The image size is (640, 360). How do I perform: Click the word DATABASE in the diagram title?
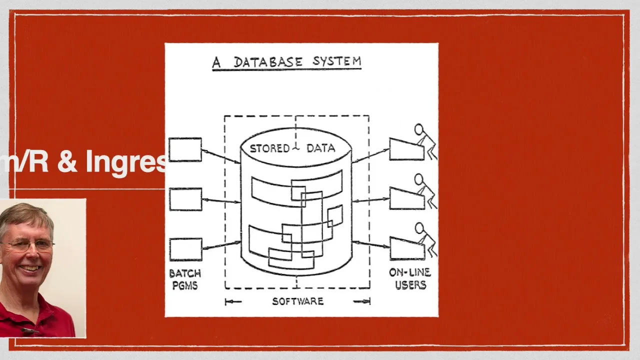(x=268, y=62)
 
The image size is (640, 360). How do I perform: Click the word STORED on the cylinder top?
(x=269, y=148)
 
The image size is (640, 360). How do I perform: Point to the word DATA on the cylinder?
(x=320, y=148)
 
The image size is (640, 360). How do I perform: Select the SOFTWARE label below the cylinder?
(x=297, y=301)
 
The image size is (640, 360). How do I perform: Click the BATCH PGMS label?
(x=184, y=279)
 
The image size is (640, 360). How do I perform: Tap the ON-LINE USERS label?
(x=410, y=279)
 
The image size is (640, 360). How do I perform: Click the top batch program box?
(x=185, y=149)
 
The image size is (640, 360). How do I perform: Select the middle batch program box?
(x=185, y=199)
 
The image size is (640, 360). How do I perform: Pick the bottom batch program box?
(x=185, y=249)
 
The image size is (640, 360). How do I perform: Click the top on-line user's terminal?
(x=406, y=149)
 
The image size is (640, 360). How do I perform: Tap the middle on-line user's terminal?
(x=406, y=198)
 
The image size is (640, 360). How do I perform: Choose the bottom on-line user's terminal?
(x=406, y=249)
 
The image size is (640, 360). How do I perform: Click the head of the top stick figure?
(x=418, y=129)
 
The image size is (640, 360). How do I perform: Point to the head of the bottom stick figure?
(x=419, y=228)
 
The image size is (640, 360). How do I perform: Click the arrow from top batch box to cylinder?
(x=220, y=156)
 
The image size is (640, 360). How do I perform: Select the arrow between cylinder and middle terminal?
(x=370, y=200)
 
